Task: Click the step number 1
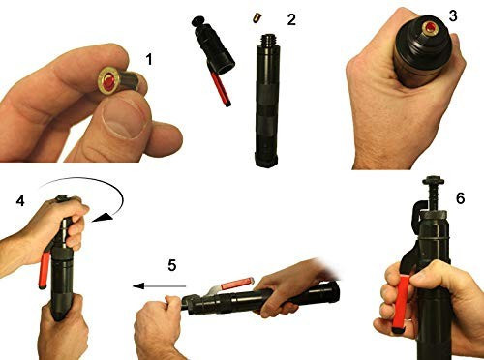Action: [x=148, y=59]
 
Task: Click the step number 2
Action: [x=291, y=20]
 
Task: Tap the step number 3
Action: [x=453, y=16]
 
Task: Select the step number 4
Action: [x=20, y=201]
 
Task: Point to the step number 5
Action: [x=172, y=265]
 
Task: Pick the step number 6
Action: [x=460, y=198]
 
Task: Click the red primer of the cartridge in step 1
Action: [x=108, y=82]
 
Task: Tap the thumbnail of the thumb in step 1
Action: [x=122, y=119]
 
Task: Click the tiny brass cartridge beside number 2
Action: [x=256, y=17]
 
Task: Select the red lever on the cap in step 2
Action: [x=221, y=88]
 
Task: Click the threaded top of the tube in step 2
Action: [x=268, y=40]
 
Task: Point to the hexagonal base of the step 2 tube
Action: [x=266, y=160]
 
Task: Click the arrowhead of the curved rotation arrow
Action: [x=103, y=218]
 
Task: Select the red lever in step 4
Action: [x=45, y=270]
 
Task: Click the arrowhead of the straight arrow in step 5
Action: [x=138, y=285]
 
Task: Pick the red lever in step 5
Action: [x=237, y=284]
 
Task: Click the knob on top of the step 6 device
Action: [x=436, y=181]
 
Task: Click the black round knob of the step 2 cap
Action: [x=197, y=21]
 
